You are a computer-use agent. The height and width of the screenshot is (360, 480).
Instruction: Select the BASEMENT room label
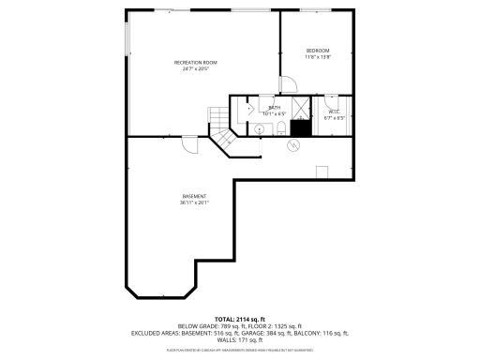(194, 196)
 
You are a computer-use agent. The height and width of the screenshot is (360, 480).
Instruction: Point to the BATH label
(275, 108)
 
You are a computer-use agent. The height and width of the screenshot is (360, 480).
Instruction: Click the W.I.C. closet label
(334, 112)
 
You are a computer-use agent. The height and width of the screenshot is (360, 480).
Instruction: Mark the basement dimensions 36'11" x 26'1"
(194, 202)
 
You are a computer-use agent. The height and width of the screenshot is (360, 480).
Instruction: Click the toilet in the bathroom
(280, 128)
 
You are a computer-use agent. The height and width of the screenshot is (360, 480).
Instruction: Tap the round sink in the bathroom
(258, 128)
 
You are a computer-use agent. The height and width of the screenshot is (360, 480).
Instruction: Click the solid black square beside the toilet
(300, 127)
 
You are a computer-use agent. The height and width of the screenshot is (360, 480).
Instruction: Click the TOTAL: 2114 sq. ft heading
(239, 319)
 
